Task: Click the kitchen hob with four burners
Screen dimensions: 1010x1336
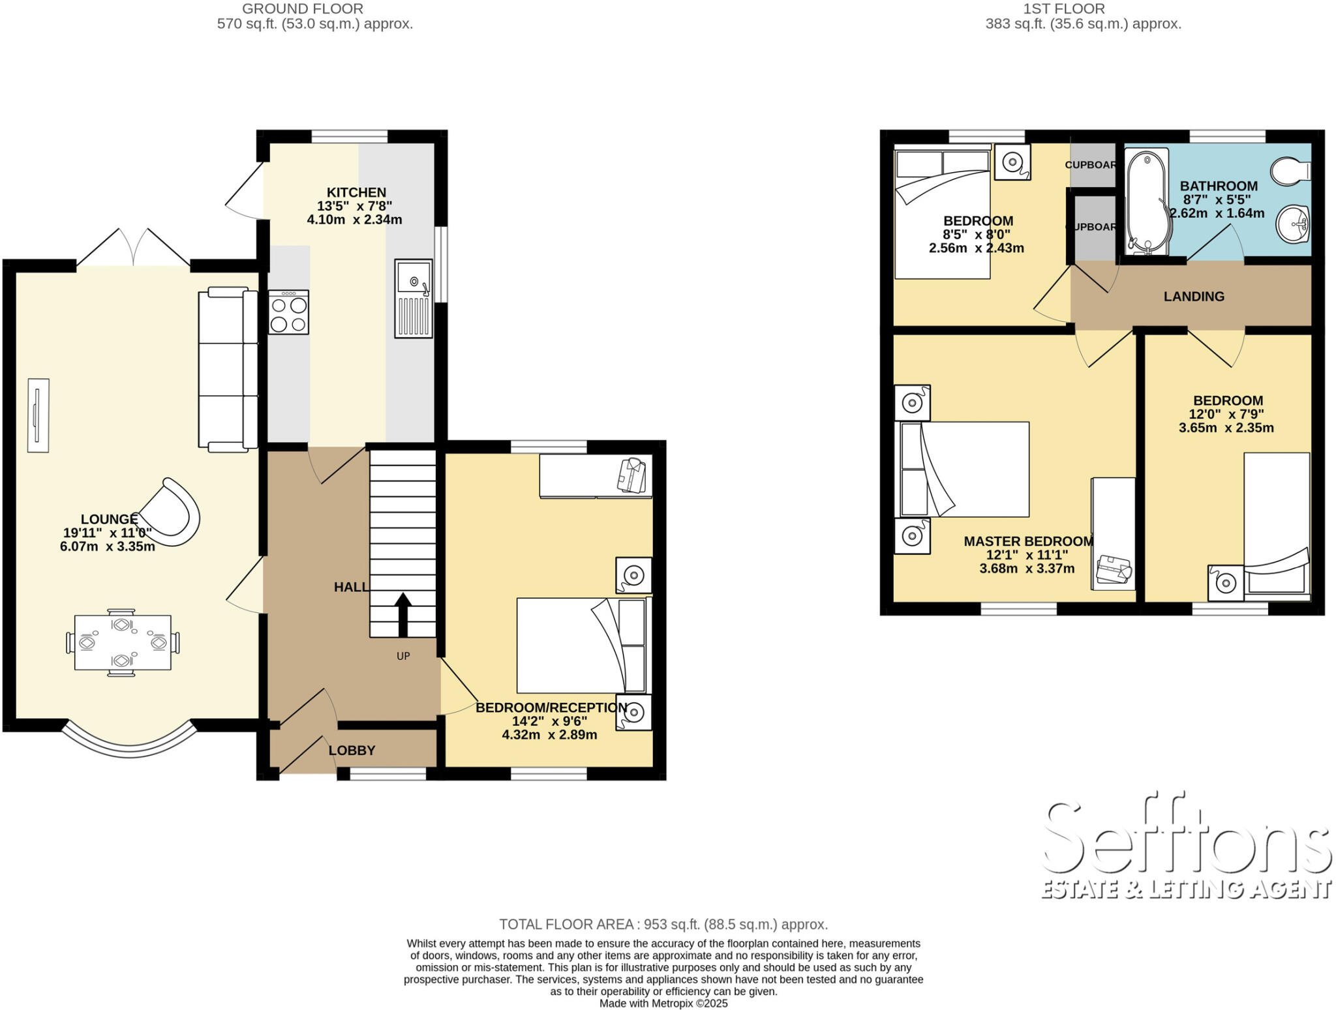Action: pyautogui.click(x=288, y=312)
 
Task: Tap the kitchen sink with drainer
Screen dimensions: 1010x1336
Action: pyautogui.click(x=413, y=299)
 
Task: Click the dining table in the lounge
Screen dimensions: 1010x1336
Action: pyautogui.click(x=123, y=642)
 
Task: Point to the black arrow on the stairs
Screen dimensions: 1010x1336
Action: pyautogui.click(x=402, y=614)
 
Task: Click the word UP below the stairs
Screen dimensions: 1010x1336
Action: pyautogui.click(x=403, y=656)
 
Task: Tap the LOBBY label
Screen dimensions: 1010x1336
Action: pyautogui.click(x=352, y=750)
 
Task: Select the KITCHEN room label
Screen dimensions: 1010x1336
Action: pyautogui.click(x=356, y=192)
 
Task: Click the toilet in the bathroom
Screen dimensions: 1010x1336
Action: pyautogui.click(x=1290, y=171)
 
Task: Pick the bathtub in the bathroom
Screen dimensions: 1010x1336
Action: pyautogui.click(x=1147, y=200)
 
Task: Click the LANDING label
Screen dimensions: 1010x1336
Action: pyautogui.click(x=1194, y=297)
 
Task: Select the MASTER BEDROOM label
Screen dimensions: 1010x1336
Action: pyautogui.click(x=1028, y=541)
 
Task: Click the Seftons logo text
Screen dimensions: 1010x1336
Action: pyautogui.click(x=1186, y=841)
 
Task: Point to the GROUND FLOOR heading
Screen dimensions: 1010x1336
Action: pyautogui.click(x=303, y=9)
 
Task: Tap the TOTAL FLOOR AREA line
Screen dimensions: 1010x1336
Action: pyautogui.click(x=663, y=924)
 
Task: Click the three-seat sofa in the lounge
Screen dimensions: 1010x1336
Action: pyautogui.click(x=228, y=369)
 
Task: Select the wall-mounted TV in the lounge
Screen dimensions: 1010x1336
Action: pyautogui.click(x=38, y=415)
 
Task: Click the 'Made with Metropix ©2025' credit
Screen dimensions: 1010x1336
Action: pyautogui.click(x=663, y=1003)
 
